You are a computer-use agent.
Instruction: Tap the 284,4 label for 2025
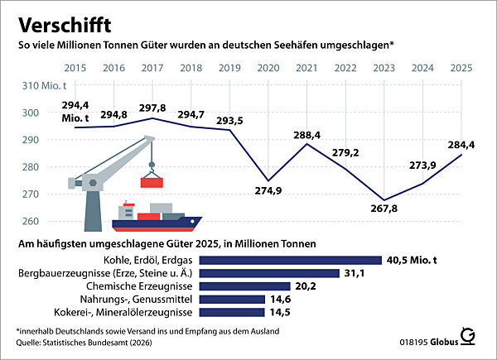(462, 146)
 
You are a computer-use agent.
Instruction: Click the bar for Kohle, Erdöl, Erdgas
(288, 260)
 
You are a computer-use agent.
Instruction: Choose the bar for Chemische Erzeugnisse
(244, 286)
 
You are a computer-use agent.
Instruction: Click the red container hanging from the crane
(152, 181)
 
